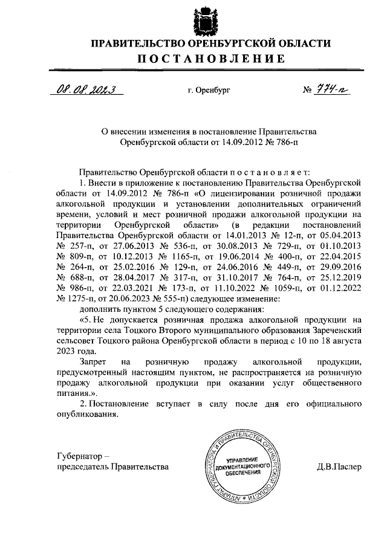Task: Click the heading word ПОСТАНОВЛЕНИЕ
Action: point(209,59)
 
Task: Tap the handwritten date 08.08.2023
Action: point(85,90)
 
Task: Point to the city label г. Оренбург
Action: point(209,91)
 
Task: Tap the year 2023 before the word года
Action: point(66,351)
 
